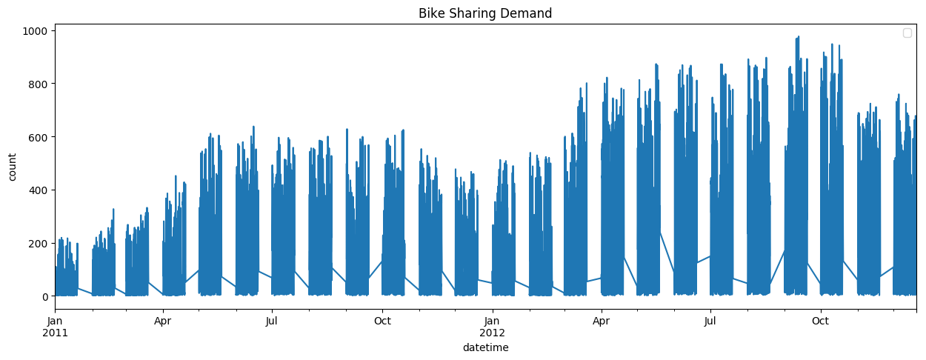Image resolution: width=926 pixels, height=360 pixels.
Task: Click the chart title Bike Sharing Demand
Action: (484, 13)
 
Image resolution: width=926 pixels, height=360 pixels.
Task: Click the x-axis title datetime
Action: (485, 347)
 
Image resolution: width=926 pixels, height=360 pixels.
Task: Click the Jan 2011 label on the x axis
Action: (55, 327)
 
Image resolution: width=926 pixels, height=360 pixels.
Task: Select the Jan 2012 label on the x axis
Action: (493, 327)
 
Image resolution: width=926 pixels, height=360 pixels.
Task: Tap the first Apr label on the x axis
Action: (163, 321)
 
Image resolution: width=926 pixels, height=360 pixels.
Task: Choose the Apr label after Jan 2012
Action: (602, 321)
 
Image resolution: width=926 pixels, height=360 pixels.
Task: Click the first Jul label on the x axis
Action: (272, 321)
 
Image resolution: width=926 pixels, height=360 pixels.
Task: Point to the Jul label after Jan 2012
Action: (710, 321)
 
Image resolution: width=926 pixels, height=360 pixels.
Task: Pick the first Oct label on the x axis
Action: (382, 321)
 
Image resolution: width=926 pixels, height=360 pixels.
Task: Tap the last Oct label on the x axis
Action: (820, 321)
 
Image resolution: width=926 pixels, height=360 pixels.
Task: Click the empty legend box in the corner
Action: (907, 33)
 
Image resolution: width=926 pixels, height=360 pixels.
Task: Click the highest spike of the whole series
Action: (798, 37)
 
